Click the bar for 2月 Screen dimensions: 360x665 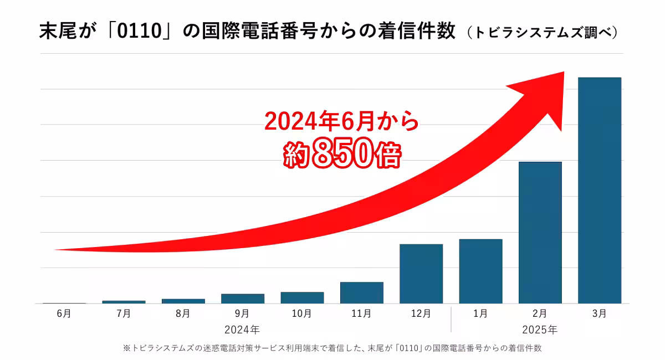(x=540, y=233)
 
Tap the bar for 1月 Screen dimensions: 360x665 (x=480, y=271)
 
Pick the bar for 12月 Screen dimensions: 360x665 (x=421, y=274)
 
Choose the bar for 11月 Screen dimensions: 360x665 (x=361, y=292)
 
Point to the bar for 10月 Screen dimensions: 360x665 (x=302, y=297)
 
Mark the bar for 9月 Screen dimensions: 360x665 (x=243, y=299)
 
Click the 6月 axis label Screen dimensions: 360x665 (x=64, y=313)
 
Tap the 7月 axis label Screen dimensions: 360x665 (x=124, y=313)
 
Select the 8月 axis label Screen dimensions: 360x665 (x=183, y=313)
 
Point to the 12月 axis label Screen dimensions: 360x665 (x=421, y=313)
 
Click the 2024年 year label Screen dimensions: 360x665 (x=242, y=330)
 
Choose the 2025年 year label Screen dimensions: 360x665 (x=540, y=330)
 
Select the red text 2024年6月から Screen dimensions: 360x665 (x=341, y=121)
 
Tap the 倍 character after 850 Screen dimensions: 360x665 (x=386, y=156)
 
